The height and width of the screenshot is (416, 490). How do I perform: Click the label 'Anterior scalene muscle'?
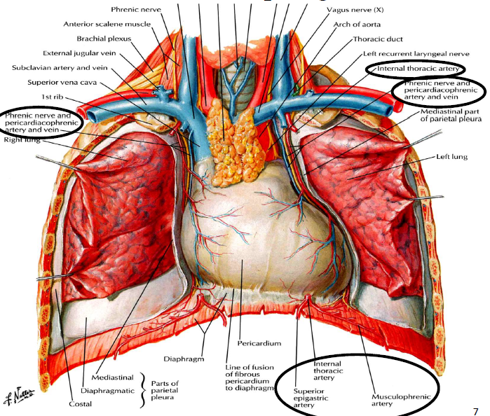tap(107, 24)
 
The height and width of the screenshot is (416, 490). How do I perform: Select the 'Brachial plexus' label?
tap(104, 39)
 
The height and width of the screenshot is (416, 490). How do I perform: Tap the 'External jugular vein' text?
tap(79, 53)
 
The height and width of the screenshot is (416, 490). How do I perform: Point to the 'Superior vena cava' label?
tap(62, 83)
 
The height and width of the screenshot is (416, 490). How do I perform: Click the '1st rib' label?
tap(53, 97)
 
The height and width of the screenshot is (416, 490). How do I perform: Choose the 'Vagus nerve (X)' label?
tap(355, 10)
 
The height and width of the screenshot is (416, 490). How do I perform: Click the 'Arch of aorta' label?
tap(357, 25)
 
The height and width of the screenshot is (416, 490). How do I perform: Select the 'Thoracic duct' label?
tap(378, 39)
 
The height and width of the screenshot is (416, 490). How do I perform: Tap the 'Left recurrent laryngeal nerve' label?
tap(416, 54)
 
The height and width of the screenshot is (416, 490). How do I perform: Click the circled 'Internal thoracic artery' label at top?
tap(418, 69)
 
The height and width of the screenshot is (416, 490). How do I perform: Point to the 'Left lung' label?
tap(452, 156)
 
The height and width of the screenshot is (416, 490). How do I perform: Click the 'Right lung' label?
tap(22, 139)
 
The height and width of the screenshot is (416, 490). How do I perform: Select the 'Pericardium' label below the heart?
tap(259, 343)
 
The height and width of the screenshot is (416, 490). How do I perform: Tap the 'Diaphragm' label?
tap(184, 359)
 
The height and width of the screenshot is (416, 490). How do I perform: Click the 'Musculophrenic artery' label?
tap(401, 400)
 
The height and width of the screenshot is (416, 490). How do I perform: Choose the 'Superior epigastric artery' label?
tap(311, 398)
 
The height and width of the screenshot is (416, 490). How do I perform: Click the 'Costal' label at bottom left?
tap(81, 404)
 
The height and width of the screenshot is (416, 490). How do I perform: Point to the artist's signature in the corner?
tap(20, 394)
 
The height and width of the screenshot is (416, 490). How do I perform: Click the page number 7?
tap(475, 411)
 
